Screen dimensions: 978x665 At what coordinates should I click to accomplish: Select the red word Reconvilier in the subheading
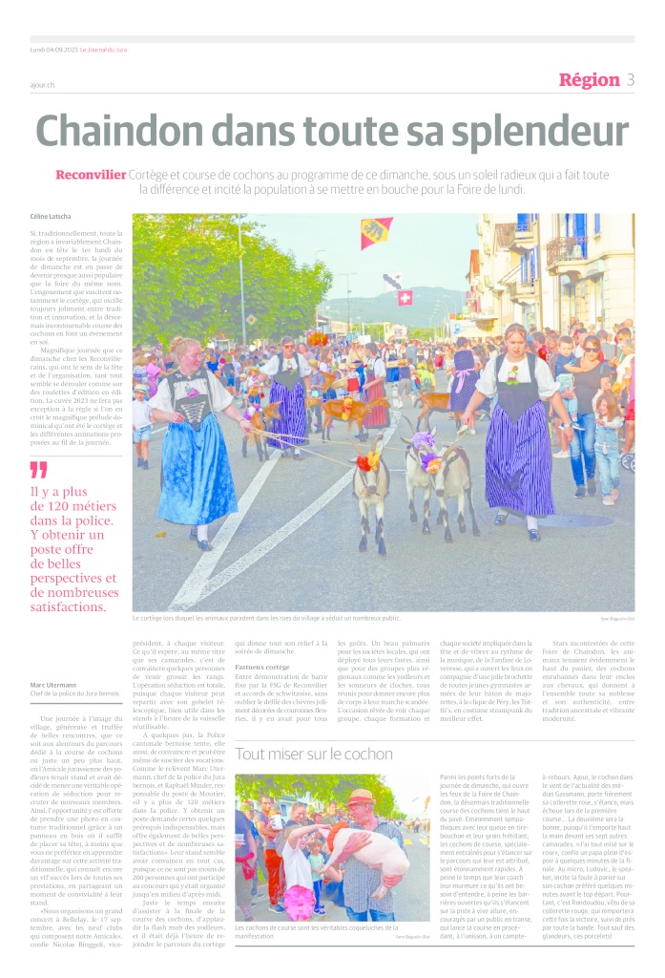click(x=90, y=175)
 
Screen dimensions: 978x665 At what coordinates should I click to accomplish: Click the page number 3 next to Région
click(x=630, y=80)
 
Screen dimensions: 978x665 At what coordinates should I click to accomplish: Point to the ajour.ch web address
click(x=41, y=85)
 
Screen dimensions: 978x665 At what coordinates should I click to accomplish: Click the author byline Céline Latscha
click(x=50, y=217)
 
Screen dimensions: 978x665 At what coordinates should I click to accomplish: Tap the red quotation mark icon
click(x=38, y=470)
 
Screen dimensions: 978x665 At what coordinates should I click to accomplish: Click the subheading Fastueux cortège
click(x=262, y=666)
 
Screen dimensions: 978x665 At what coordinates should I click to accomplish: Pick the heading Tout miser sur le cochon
click(x=315, y=753)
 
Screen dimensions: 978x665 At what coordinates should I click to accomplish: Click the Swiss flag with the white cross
click(x=405, y=298)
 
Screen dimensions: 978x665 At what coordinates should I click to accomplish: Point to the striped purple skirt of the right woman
click(x=519, y=457)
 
